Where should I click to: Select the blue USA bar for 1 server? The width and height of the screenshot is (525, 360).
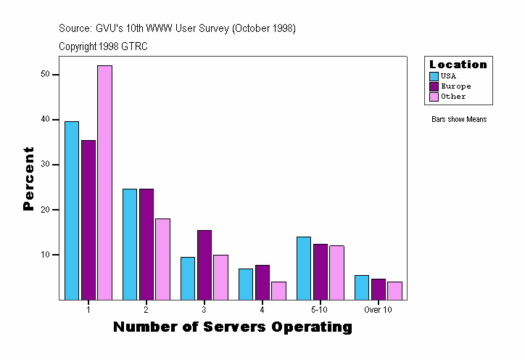click(x=72, y=210)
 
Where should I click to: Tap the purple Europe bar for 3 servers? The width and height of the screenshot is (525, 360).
click(x=204, y=265)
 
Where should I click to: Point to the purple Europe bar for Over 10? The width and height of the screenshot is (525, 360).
click(x=379, y=289)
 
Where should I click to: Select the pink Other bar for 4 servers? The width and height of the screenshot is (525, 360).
click(x=278, y=290)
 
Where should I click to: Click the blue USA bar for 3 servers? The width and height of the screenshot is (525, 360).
click(x=188, y=278)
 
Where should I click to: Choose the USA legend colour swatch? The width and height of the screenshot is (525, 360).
click(x=434, y=76)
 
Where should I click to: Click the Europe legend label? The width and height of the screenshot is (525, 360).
click(x=455, y=86)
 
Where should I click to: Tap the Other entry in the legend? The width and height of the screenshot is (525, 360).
click(x=453, y=97)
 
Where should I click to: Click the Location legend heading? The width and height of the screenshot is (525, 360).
click(x=458, y=65)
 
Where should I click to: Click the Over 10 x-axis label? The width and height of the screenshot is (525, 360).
click(x=378, y=309)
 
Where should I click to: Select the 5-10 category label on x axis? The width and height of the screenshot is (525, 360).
click(x=321, y=309)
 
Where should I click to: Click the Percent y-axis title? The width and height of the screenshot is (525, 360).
click(x=29, y=179)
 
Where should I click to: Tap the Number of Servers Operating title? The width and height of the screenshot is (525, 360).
click(x=233, y=327)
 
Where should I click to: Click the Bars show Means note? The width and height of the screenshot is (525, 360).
click(x=459, y=120)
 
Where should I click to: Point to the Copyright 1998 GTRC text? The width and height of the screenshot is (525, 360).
click(x=104, y=46)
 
